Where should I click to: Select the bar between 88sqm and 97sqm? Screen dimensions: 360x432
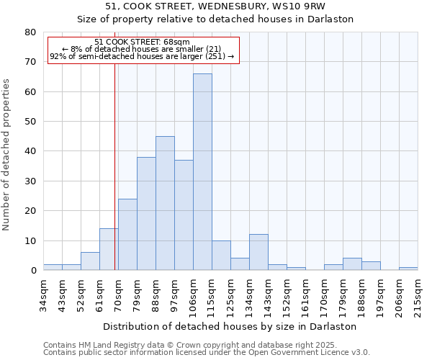165,203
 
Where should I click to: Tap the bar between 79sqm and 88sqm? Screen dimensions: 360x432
146,213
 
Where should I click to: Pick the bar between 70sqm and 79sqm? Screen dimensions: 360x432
127,234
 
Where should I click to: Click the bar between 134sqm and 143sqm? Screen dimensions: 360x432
258,252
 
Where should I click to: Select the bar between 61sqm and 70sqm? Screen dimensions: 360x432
109,249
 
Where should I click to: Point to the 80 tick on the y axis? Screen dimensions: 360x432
30,32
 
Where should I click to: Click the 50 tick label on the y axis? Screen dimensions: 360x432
30,122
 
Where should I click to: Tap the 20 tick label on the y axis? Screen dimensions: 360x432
30,211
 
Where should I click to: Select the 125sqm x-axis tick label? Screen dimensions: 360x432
230,293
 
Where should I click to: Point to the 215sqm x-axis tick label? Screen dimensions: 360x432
418,293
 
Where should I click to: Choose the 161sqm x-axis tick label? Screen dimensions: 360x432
305,293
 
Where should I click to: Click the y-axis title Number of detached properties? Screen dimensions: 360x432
7,155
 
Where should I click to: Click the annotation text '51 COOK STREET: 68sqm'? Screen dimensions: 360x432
142,42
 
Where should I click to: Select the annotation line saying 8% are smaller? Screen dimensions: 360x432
142,49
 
